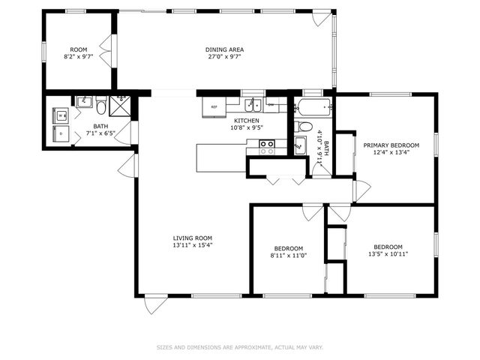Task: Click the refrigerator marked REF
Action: coord(214,107)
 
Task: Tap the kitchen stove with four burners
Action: coord(267,147)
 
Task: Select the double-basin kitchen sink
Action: coord(256,105)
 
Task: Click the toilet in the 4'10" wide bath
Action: coord(298,125)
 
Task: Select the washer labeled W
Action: coord(61,115)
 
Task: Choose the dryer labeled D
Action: coord(61,135)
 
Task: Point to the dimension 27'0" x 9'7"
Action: coord(224,56)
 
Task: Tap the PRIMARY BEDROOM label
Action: coord(391,145)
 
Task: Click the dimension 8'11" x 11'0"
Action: coord(288,255)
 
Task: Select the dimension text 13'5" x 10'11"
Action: coord(388,253)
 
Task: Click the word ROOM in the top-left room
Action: coord(79,49)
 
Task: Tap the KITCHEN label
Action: coord(246,121)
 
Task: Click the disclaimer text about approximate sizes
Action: coord(239,347)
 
